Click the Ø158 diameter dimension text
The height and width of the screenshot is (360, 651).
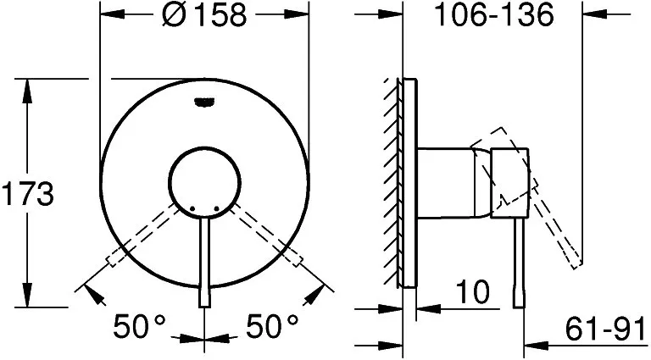[204, 15]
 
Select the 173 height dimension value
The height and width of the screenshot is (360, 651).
[28, 194]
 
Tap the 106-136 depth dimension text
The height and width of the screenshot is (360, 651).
[493, 14]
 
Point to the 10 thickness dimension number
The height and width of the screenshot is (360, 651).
[473, 291]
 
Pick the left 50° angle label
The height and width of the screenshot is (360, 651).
[140, 326]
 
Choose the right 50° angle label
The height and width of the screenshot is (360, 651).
[273, 326]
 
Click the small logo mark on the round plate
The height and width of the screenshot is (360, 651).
[204, 102]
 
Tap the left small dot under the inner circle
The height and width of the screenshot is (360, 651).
[192, 208]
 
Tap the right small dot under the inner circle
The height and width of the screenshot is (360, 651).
[216, 208]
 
